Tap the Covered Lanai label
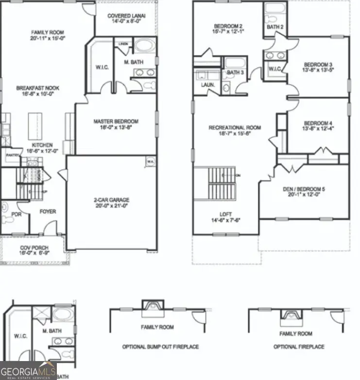pos(126,16)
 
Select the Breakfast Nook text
pos(38,88)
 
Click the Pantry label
pos(12,155)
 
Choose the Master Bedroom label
pos(117,121)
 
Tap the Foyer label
pos(48,211)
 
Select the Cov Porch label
pos(34,247)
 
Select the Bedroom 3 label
pos(319,65)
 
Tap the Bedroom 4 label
pos(319,123)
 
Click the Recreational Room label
pos(235,128)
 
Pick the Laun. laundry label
pos(202,85)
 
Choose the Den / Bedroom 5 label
pos(304,189)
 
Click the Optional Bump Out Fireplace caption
pos(160,346)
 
